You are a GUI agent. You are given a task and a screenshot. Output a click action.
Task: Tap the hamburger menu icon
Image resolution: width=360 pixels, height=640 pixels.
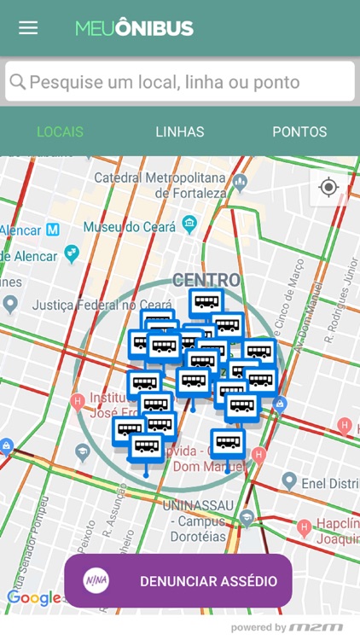pos(28,27)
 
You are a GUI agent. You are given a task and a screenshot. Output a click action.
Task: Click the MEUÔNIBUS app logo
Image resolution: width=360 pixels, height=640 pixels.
pos(134,28)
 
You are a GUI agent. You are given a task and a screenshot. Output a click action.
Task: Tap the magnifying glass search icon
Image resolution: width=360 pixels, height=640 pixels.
pos(17,82)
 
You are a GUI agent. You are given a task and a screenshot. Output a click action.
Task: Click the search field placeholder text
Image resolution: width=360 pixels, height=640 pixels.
pos(165,82)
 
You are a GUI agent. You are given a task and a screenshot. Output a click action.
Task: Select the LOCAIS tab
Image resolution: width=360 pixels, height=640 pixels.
pos(60,131)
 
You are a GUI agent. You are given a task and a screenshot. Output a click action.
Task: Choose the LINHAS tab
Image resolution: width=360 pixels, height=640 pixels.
pos(180,131)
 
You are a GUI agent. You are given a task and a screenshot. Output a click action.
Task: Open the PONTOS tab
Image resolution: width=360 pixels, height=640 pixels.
pos(299,131)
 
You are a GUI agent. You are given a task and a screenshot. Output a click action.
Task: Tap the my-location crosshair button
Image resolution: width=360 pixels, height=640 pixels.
pos(328,188)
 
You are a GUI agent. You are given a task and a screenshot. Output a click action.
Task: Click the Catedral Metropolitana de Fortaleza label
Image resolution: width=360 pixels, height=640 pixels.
pos(160,185)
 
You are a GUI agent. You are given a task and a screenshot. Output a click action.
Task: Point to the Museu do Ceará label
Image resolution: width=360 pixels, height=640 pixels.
pos(130,227)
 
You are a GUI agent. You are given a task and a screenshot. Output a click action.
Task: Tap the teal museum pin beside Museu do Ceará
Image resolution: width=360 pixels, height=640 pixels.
pos(189,225)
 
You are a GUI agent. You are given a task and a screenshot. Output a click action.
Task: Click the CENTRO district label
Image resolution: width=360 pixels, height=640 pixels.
pos(206,280)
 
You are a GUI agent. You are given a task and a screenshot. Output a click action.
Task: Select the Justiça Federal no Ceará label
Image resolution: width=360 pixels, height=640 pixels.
pos(90,305)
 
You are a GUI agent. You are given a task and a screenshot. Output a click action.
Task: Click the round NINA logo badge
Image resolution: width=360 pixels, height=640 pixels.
pos(96,581)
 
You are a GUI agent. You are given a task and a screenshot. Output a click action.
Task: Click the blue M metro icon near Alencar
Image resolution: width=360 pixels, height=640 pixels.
pos(53,230)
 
